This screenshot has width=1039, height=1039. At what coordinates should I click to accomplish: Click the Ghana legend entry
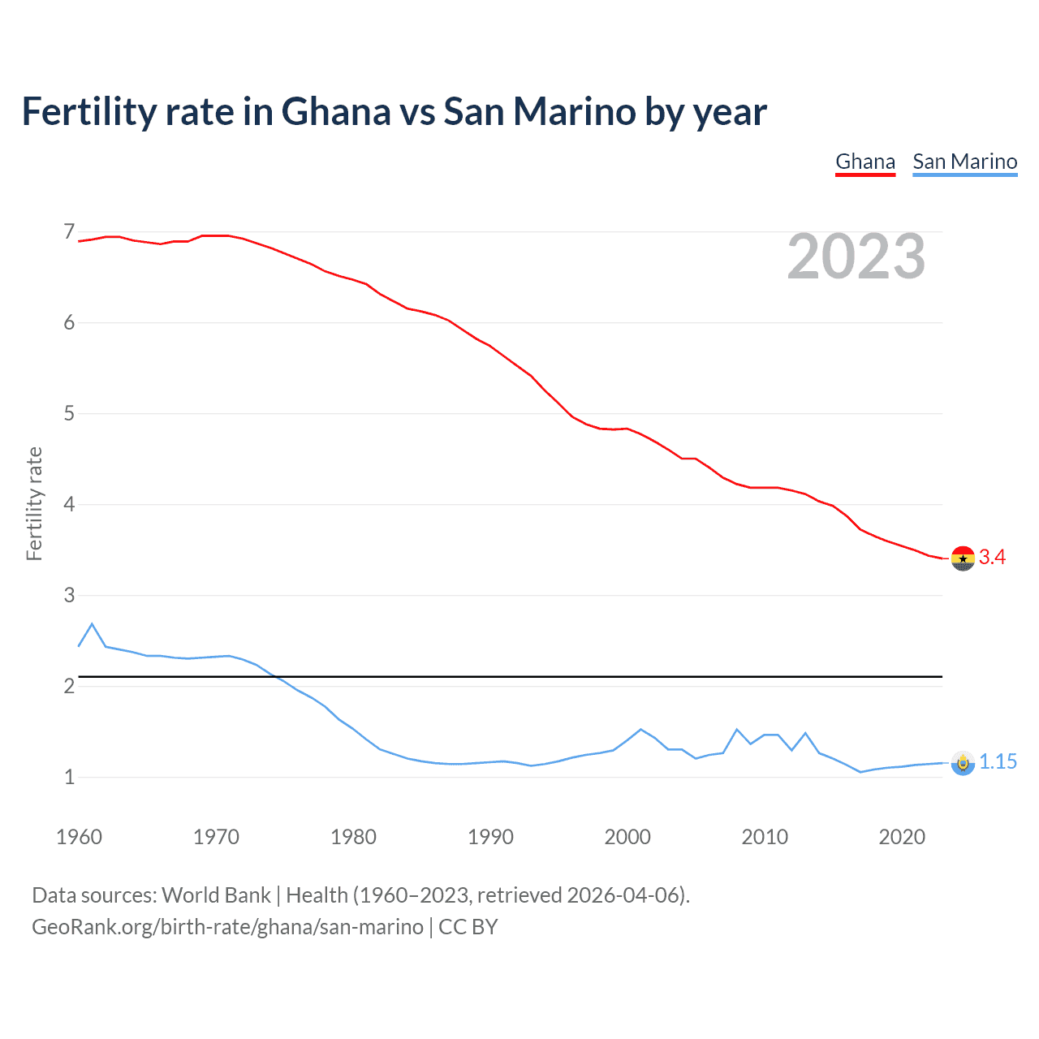coord(865,162)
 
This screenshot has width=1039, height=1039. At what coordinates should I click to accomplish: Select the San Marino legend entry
coord(964,162)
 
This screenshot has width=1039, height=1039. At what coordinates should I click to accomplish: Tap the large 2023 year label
coord(856,257)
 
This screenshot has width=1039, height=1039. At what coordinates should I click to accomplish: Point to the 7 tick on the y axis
coord(69,232)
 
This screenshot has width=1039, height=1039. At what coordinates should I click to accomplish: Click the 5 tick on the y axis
coord(69,414)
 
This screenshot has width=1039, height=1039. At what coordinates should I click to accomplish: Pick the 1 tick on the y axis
coord(69,778)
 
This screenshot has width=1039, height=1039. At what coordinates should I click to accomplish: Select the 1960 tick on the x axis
coord(79,837)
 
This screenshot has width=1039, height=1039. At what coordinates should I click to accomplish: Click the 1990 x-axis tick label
coord(490,837)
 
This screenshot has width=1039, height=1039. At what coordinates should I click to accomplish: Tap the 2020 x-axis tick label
coord(902,837)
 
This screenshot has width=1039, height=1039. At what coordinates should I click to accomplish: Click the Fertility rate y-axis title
coord(34,503)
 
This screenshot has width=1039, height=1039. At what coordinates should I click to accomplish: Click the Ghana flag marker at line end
coord(963,558)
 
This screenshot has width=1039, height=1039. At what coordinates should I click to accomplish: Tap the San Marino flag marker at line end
coord(963,763)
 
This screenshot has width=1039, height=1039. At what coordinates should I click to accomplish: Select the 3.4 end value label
coord(992,558)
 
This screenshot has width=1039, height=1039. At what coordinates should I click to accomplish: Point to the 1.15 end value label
coord(998,762)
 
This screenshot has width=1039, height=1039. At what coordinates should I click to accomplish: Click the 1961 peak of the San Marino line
coord(92,624)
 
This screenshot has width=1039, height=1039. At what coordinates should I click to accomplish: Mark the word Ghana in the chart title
coord(336,112)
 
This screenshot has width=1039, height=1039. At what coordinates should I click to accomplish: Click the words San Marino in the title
coord(539,112)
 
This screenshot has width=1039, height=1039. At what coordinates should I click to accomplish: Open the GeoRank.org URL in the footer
coord(227,927)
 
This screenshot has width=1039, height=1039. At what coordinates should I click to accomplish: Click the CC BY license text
coord(468,927)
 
